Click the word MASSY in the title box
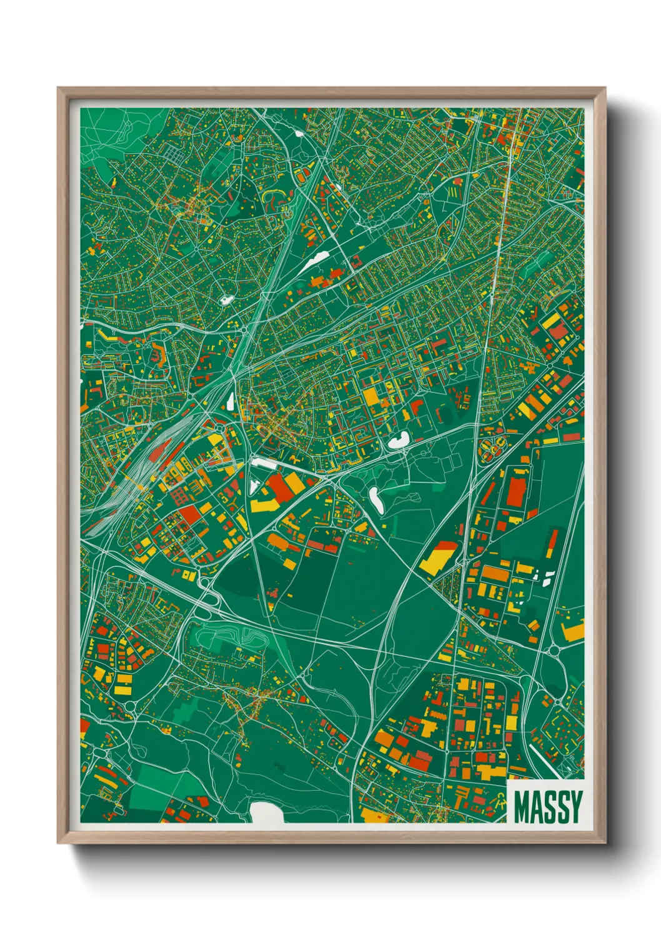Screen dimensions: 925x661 [548, 806]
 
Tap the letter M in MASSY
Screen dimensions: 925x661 [522, 806]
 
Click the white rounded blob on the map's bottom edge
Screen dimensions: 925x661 [267, 812]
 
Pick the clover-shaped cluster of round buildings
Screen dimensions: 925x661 [492, 447]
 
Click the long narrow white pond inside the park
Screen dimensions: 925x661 [377, 501]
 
